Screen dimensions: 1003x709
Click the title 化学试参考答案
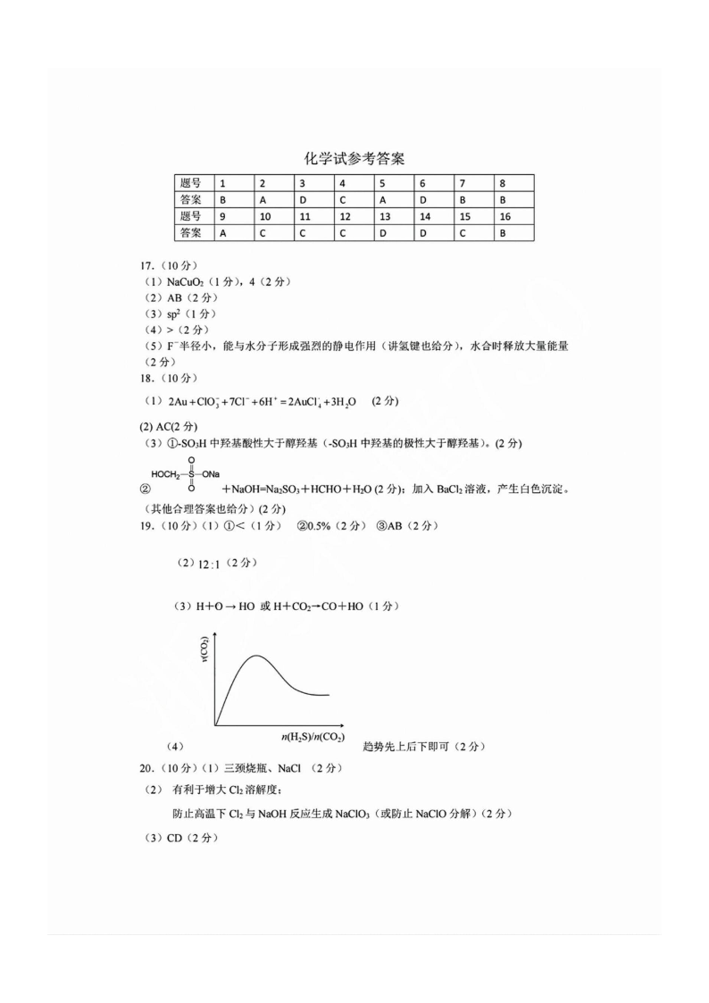354,159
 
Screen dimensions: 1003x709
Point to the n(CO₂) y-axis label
205,650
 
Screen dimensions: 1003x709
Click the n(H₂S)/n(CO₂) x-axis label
313,737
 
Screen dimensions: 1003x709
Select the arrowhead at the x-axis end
342,724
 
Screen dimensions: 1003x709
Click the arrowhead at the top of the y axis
215,632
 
